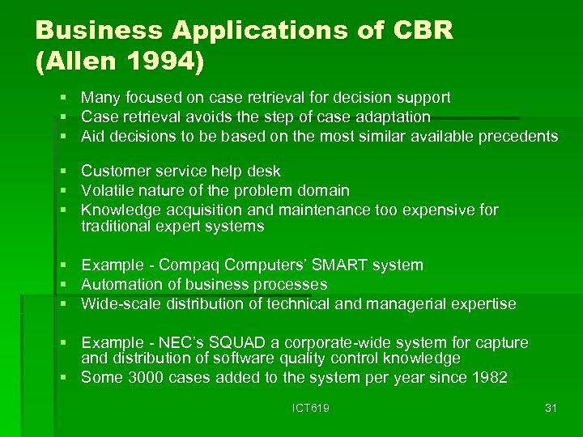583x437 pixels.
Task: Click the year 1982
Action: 488,377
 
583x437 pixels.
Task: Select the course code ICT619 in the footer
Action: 312,408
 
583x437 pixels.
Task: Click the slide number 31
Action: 551,408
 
